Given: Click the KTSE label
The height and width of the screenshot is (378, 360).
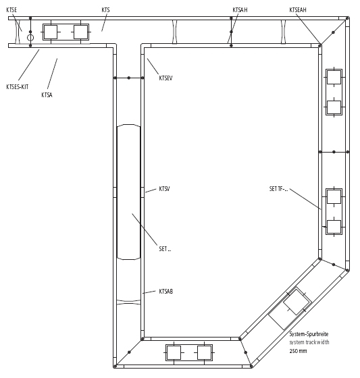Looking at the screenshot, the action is [11, 10].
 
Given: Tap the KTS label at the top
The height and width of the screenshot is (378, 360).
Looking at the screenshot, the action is [105, 10].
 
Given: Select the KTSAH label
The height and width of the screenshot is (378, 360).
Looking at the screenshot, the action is [240, 10].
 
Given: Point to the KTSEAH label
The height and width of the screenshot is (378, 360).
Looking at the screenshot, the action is [298, 10].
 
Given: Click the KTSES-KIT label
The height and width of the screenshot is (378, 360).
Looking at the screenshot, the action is [18, 87].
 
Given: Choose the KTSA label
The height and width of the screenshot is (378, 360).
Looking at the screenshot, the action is [47, 94].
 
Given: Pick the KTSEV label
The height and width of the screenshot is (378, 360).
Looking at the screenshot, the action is [165, 78].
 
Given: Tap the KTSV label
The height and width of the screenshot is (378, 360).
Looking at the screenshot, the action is [164, 189].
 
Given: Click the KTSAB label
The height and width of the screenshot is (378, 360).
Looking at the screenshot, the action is [166, 291].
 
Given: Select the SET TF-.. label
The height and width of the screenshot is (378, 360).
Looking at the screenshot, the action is [279, 189].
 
